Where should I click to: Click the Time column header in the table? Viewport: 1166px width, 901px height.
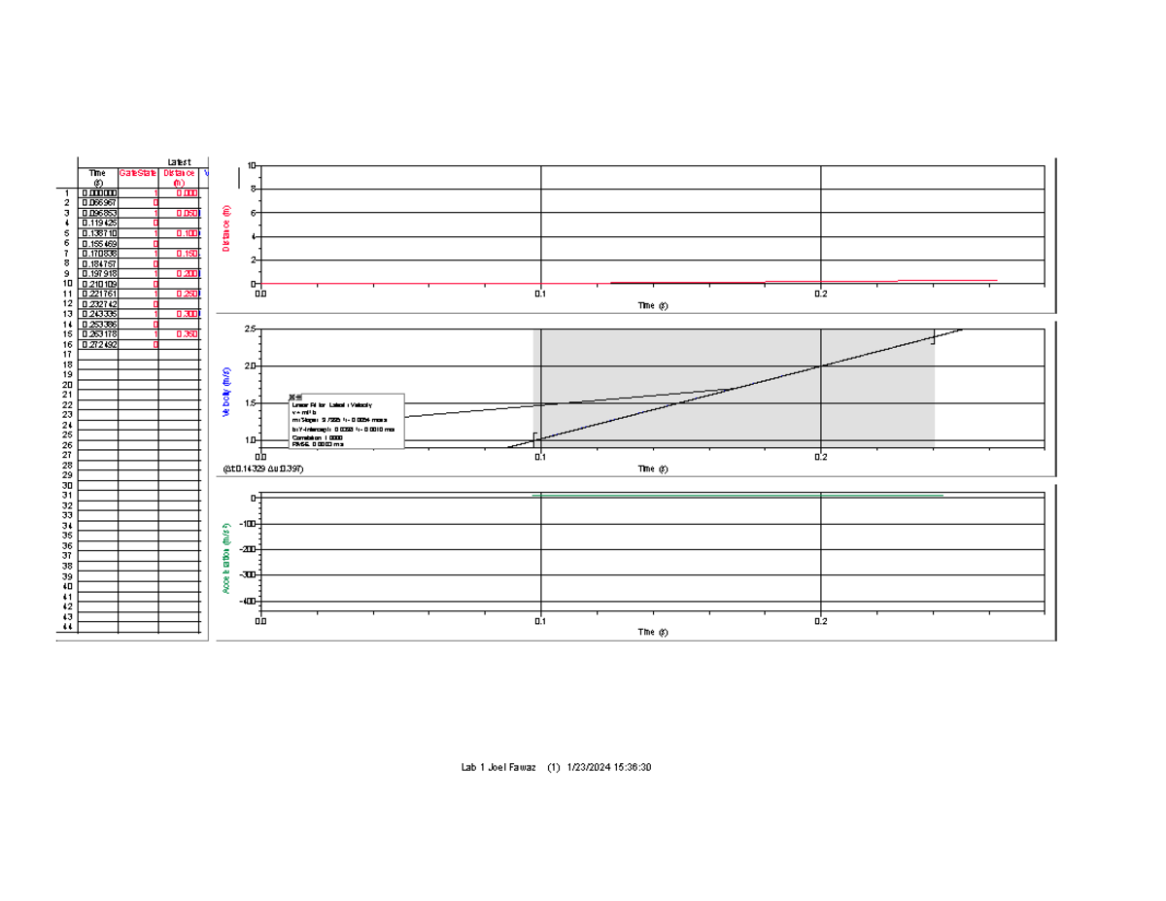click(98, 177)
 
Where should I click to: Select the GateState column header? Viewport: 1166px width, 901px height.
click(138, 173)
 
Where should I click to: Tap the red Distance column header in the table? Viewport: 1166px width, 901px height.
click(179, 177)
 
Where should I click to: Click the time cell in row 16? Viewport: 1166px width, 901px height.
click(98, 344)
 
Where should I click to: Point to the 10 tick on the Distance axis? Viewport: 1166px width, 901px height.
click(251, 166)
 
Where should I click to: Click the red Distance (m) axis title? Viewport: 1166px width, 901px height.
click(226, 228)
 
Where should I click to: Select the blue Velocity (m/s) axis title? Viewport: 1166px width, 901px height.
click(226, 392)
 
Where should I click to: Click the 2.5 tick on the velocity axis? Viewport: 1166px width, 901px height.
click(249, 329)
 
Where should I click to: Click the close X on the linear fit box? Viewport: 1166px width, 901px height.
click(295, 398)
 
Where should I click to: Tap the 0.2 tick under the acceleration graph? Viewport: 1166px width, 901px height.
click(821, 621)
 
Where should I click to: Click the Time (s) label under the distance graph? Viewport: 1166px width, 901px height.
click(652, 305)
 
